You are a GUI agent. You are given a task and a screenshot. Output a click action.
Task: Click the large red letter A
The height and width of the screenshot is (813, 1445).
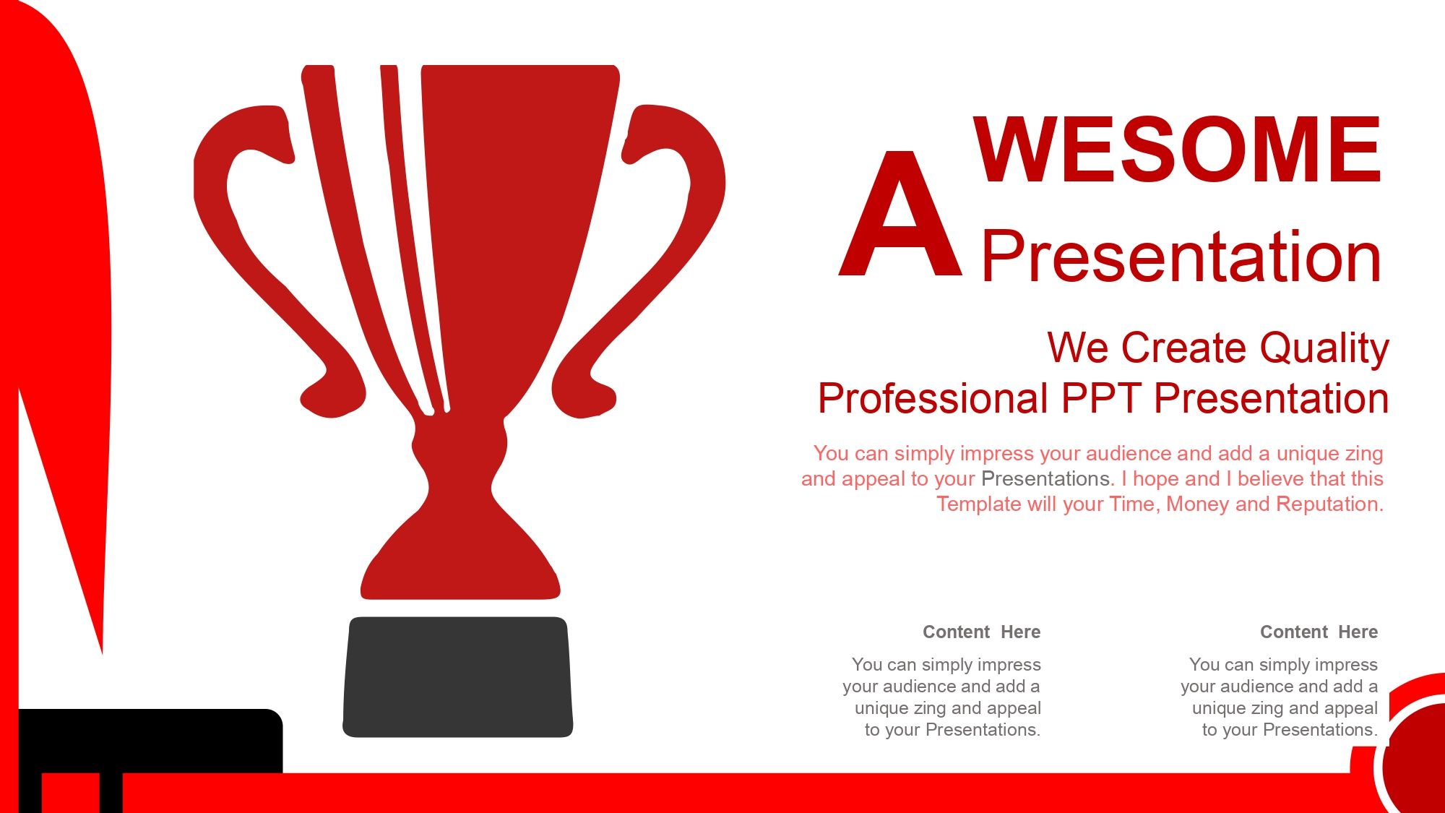(900, 214)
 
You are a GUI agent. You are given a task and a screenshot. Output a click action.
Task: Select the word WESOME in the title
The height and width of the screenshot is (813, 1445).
(1178, 150)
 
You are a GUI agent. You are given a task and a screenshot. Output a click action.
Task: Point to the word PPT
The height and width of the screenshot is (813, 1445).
(1101, 398)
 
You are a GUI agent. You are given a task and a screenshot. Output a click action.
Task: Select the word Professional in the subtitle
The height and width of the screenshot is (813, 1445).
(933, 398)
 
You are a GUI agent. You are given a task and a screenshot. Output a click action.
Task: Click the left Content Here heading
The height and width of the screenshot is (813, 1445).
(981, 632)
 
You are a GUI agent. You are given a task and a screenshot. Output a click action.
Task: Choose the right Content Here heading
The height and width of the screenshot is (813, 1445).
(1319, 632)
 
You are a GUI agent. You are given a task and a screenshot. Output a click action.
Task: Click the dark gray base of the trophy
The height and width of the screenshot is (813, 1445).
(458, 677)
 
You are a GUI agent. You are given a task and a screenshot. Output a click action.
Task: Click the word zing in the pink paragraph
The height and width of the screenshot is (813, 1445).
(1365, 455)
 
